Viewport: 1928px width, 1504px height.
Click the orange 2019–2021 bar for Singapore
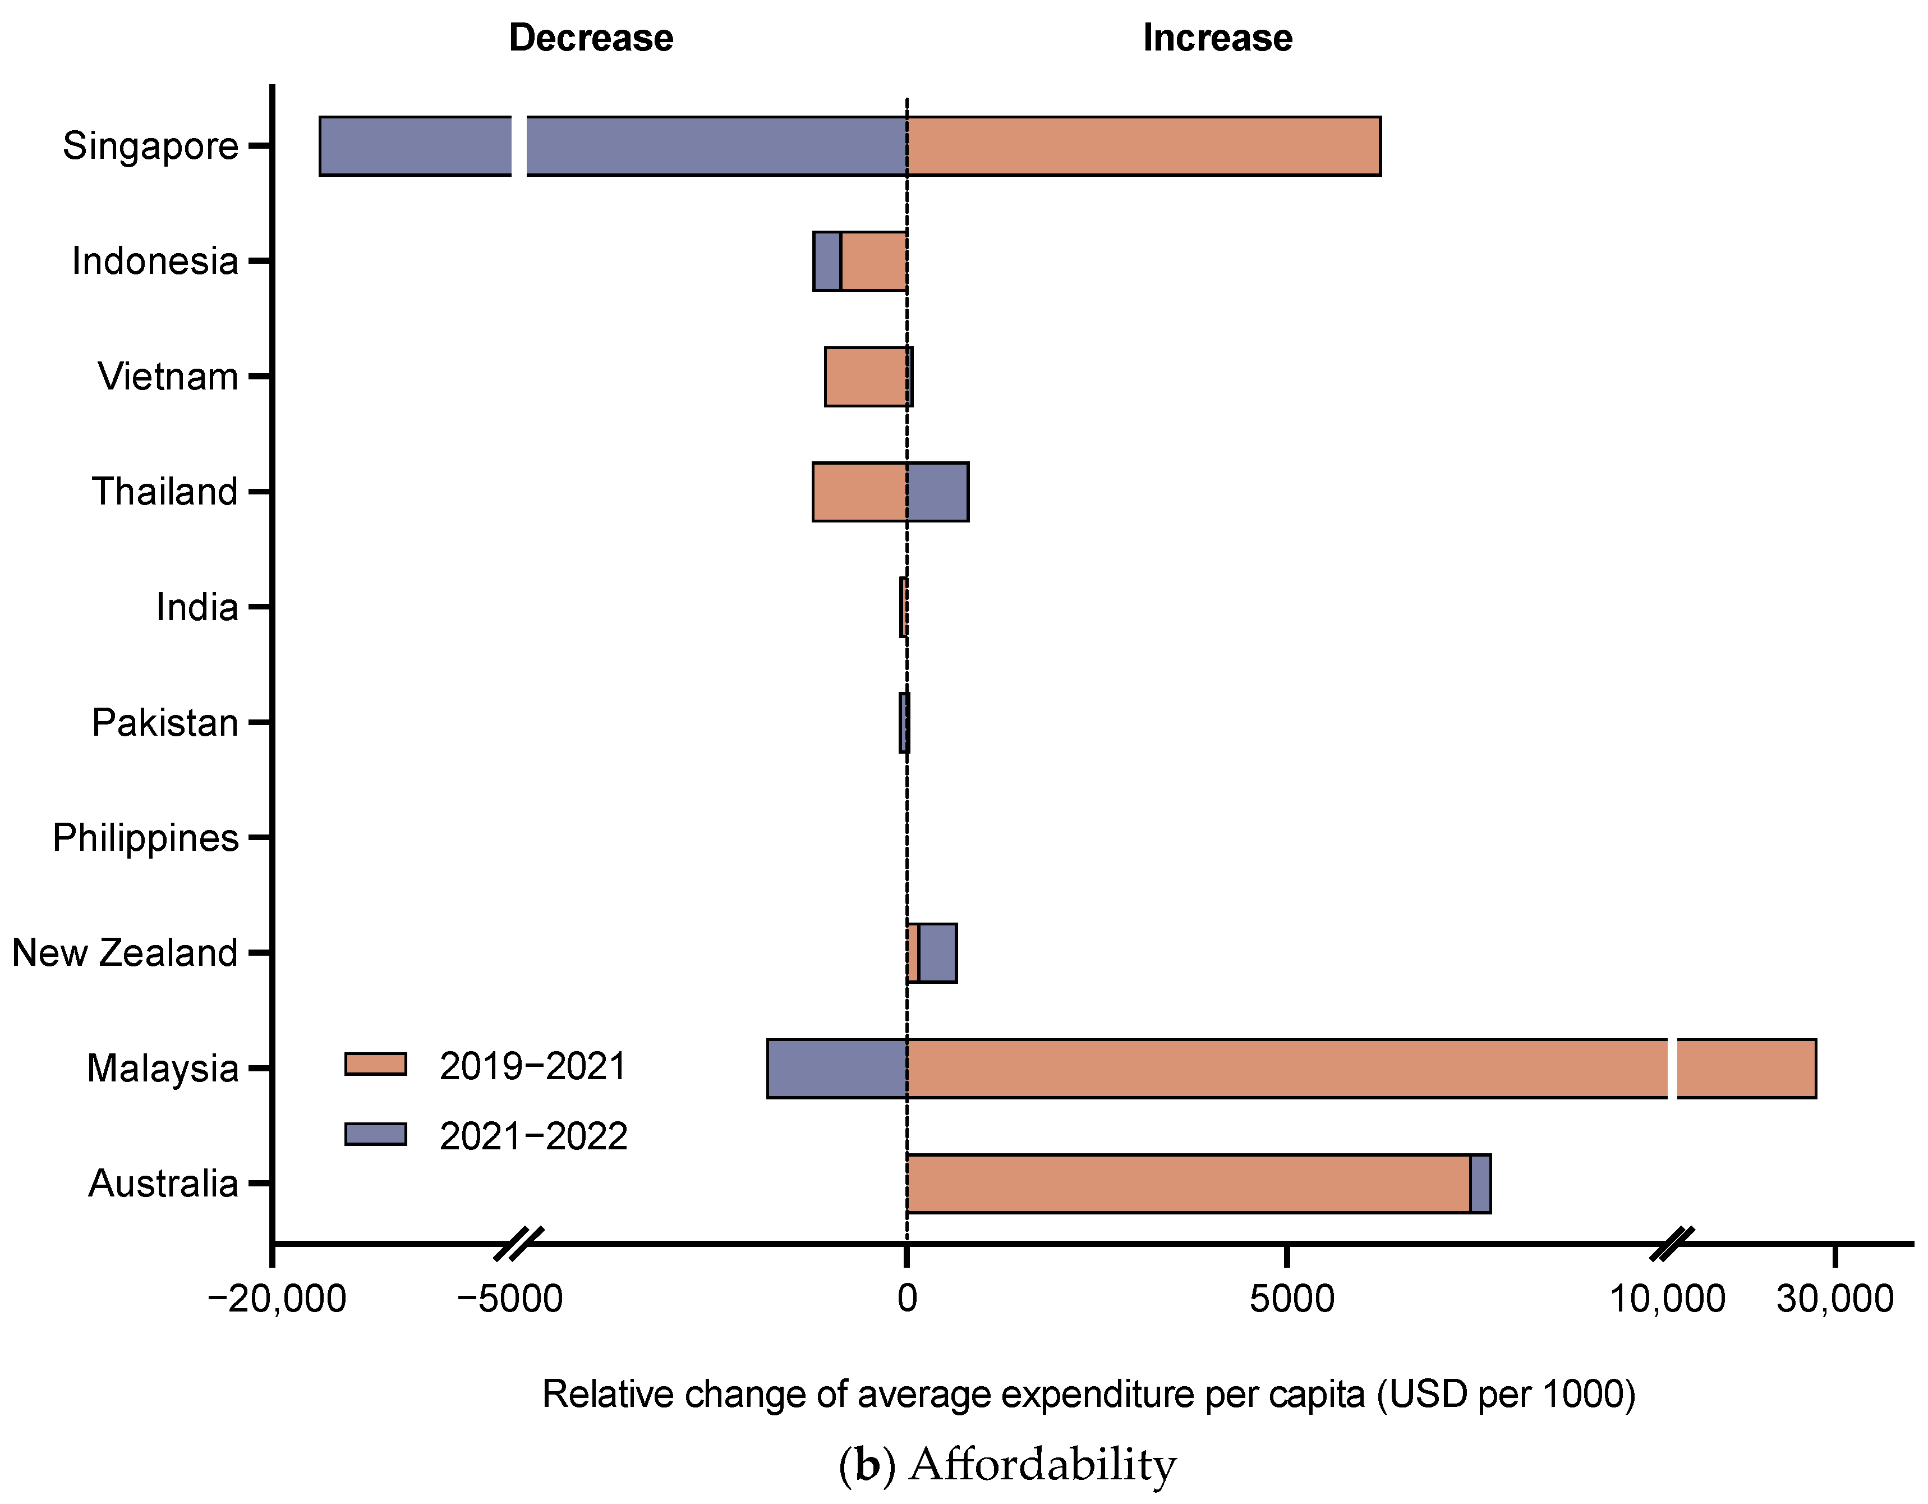pyautogui.click(x=1143, y=146)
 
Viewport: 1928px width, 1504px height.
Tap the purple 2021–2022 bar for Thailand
pyautogui.click(x=937, y=492)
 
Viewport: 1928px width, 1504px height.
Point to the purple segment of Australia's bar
pyautogui.click(x=1480, y=1184)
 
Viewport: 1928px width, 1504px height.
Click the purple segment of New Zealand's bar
pyautogui.click(x=937, y=953)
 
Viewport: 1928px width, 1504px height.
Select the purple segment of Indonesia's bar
pyautogui.click(x=826, y=262)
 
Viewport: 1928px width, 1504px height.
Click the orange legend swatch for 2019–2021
pyautogui.click(x=375, y=1064)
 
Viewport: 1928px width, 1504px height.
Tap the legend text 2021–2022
pyautogui.click(x=533, y=1136)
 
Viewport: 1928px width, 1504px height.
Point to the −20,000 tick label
pyautogui.click(x=277, y=1299)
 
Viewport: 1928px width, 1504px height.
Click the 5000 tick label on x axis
pyautogui.click(x=1291, y=1299)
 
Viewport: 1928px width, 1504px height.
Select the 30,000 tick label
pyautogui.click(x=1834, y=1299)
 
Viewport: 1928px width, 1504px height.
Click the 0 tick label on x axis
pyautogui.click(x=907, y=1299)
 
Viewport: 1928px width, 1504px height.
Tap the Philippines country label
pyautogui.click(x=146, y=838)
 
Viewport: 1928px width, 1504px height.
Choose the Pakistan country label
pyautogui.click(x=165, y=722)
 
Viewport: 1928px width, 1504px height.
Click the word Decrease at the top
pyautogui.click(x=591, y=38)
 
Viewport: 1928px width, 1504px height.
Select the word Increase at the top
pyautogui.click(x=1217, y=38)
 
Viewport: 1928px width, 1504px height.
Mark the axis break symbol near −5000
pyautogui.click(x=518, y=1244)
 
